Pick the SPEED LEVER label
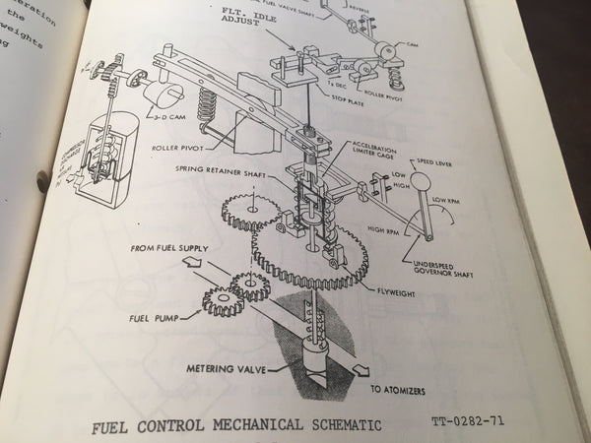point(442,165)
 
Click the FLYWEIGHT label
point(397,292)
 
